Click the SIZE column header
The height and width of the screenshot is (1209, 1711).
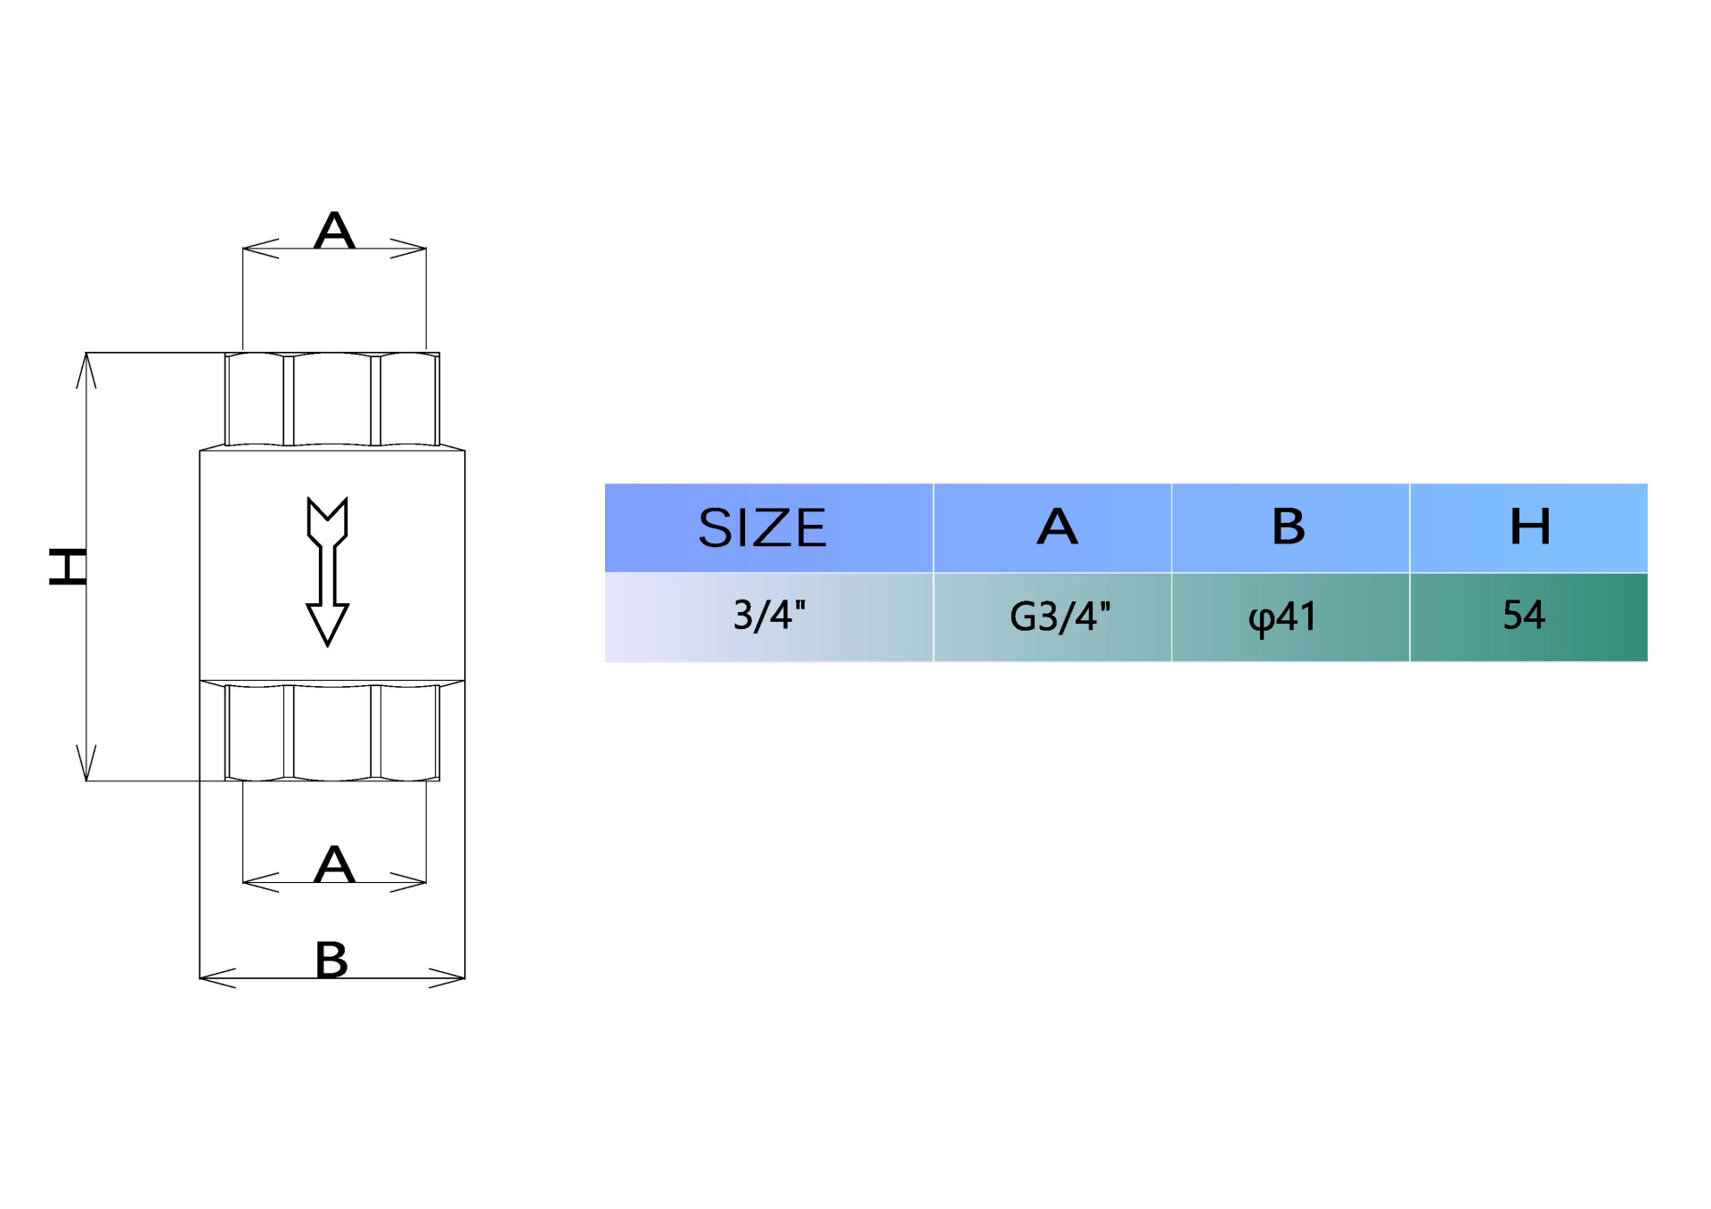tap(762, 527)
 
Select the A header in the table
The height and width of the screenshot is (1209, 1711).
tap(1057, 527)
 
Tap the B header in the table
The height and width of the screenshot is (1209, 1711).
tap(1289, 527)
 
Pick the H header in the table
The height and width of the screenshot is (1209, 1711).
tap(1529, 527)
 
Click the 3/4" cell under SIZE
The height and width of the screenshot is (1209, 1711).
tap(768, 616)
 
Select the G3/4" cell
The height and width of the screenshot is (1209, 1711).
tap(1059, 617)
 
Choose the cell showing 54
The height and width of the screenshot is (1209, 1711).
tap(1523, 615)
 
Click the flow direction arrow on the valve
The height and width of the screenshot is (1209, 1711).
tap(327, 570)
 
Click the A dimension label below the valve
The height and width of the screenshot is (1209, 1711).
tap(334, 863)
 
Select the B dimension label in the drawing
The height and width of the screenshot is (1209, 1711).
tap(332, 960)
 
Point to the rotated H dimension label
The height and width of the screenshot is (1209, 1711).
tap(68, 567)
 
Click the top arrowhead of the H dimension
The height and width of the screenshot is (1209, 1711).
tap(86, 368)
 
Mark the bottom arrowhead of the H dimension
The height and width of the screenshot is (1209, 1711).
tap(86, 765)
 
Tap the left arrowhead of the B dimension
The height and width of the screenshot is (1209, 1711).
tap(214, 978)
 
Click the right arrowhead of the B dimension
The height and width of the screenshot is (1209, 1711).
tap(450, 978)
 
